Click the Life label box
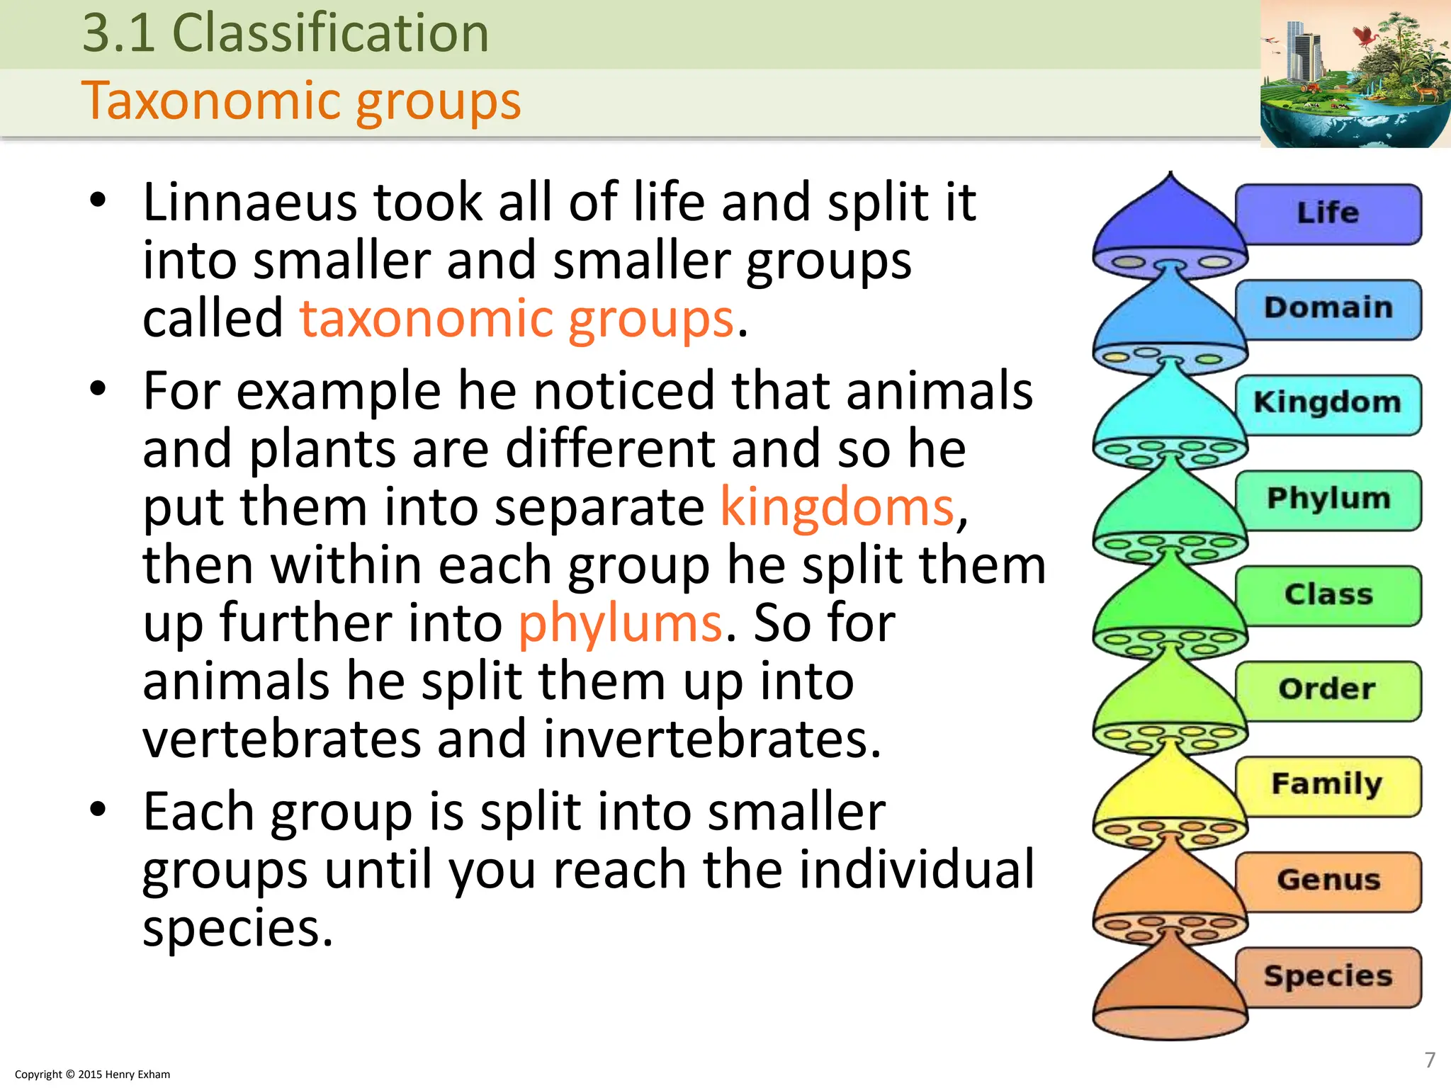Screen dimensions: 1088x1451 point(1328,213)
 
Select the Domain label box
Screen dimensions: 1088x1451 point(1328,309)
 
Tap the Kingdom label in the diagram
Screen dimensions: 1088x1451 point(1328,404)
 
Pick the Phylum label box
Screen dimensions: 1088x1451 point(1328,499)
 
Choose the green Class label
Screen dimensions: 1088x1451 point(1328,595)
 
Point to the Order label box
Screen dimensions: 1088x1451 point(1328,690)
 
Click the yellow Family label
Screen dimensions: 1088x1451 point(1328,786)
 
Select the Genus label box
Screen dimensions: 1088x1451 point(1328,881)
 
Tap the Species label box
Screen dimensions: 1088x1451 point(1328,977)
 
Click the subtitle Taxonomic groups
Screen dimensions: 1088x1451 point(301,101)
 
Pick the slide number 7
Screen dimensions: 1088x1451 point(1430,1060)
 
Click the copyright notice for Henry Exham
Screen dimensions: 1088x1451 point(92,1075)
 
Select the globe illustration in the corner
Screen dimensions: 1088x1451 point(1355,74)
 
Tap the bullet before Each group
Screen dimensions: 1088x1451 point(98,809)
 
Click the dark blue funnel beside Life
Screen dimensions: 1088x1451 point(1169,220)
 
